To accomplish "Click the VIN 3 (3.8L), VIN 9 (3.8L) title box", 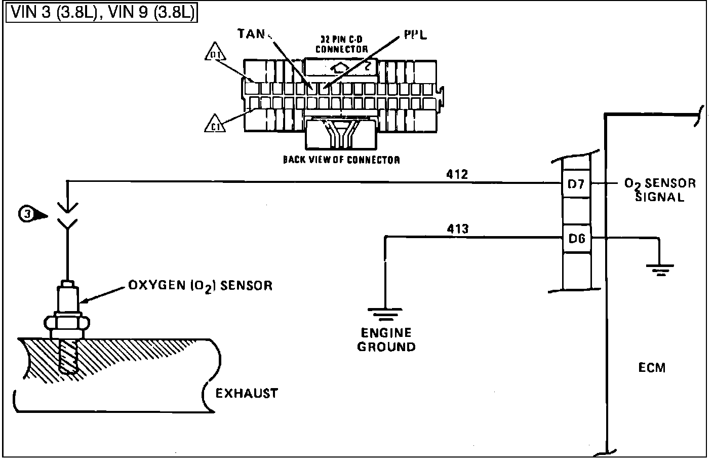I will [x=102, y=13].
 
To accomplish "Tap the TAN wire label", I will [x=251, y=34].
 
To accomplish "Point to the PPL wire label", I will [x=415, y=34].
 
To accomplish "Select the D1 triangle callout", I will [x=215, y=53].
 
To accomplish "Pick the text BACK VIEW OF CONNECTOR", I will [x=341, y=160].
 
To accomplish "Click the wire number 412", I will [x=457, y=174].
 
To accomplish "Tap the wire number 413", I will [x=457, y=228].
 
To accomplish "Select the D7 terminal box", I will [x=576, y=184].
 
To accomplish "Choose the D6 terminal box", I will [x=576, y=238].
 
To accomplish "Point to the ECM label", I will [x=652, y=368].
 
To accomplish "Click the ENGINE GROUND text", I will [x=386, y=340].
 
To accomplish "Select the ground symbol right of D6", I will [x=659, y=269].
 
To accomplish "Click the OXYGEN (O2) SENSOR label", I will [x=200, y=286].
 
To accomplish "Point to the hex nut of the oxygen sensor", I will [x=67, y=322].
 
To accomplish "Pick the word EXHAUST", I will [x=247, y=393].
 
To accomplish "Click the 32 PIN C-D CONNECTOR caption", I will [x=341, y=45].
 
